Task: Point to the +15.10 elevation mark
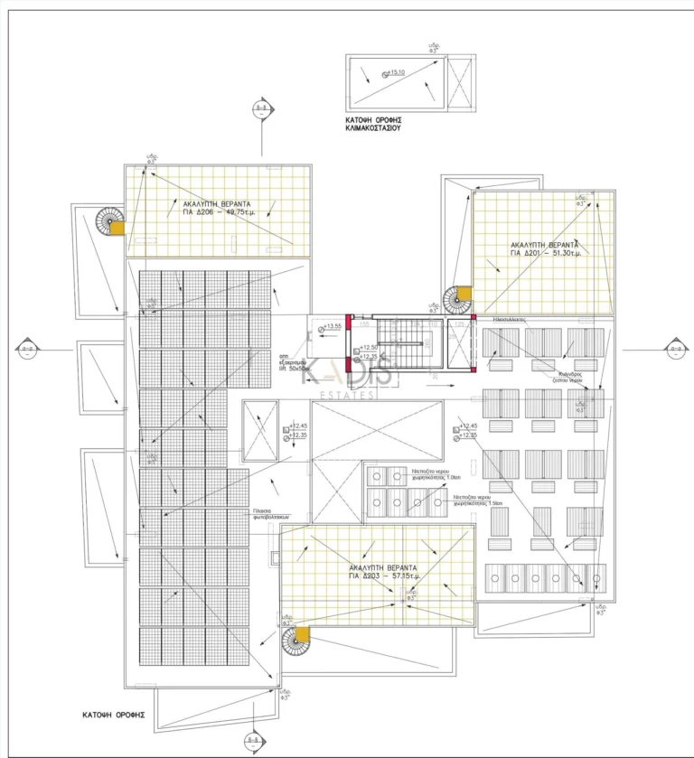pos(395,74)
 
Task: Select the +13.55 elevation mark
pos(331,326)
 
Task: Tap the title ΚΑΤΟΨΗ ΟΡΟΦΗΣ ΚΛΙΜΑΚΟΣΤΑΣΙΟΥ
pos(373,124)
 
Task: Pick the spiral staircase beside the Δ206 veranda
pos(109,221)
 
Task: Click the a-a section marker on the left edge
pos(27,349)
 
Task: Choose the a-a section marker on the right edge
pos(675,349)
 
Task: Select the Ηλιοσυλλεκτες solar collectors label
pos(510,321)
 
